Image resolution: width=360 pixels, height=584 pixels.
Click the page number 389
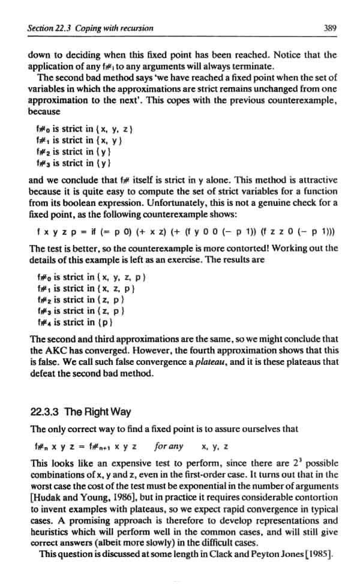(x=329, y=28)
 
